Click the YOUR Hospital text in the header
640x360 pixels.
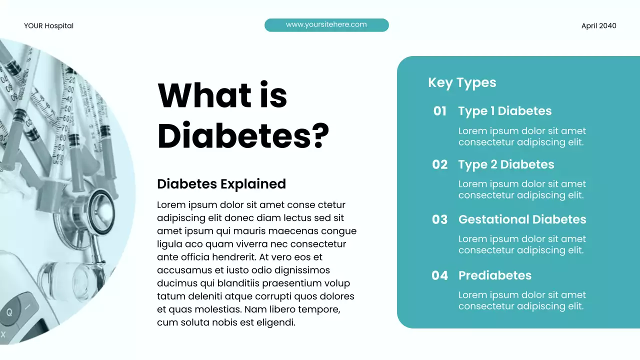(x=48, y=26)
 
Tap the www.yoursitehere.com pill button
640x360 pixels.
(x=326, y=24)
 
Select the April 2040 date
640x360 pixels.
(x=598, y=26)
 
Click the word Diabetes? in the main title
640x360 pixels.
(x=243, y=135)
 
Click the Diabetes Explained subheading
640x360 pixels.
(x=221, y=184)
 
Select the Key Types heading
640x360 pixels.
(x=462, y=82)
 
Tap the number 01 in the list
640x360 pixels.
(x=440, y=111)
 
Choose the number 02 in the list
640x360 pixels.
(x=440, y=164)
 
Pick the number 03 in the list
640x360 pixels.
(x=440, y=219)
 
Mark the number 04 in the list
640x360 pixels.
(x=440, y=275)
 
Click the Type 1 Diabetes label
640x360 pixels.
(x=505, y=111)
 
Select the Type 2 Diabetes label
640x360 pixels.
(x=506, y=164)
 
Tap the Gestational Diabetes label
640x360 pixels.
(x=522, y=219)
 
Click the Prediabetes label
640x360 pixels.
(x=494, y=275)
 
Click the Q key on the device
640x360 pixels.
(x=9, y=312)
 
